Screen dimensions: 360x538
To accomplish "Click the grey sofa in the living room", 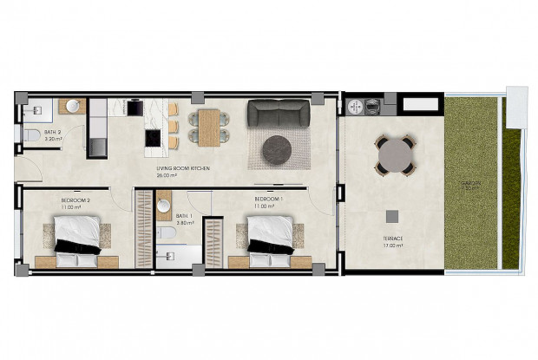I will coord(278,115).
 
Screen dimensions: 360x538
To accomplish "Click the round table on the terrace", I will coord(395,156).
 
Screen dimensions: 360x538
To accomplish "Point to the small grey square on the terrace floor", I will coord(393,213).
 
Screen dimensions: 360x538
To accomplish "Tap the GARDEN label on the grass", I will coord(471,184).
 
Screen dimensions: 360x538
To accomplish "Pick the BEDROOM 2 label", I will coord(75,200).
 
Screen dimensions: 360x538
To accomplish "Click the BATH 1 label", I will coord(182,216).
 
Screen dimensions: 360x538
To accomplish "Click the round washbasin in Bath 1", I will coord(164,206).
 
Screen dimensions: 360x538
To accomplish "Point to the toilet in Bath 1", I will coord(163,234).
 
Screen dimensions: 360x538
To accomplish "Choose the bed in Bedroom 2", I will coord(76,239).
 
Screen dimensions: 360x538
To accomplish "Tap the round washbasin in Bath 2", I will coord(73,108).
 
